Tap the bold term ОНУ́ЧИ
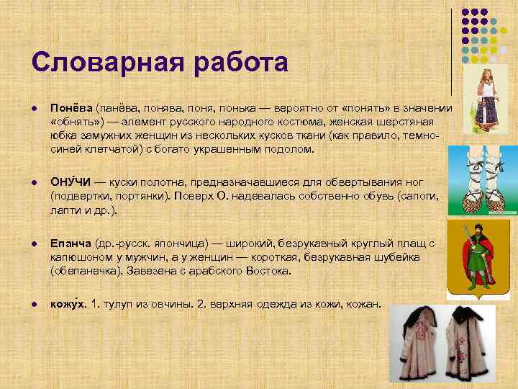point(70,180)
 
